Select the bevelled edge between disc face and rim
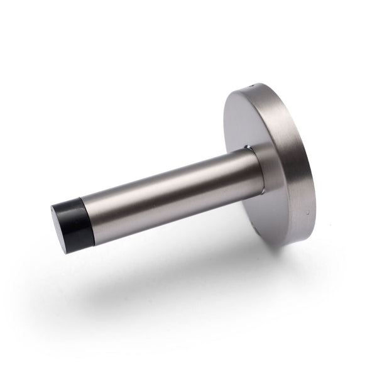(230, 101)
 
